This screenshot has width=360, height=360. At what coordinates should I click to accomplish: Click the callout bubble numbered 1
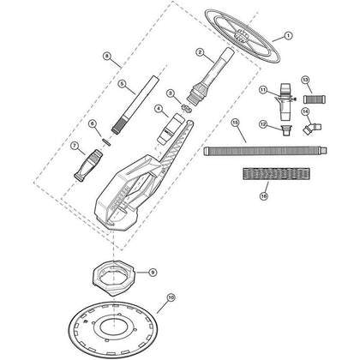pyautogui.click(x=288, y=36)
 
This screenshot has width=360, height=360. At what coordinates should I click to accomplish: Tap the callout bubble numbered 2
pyautogui.click(x=200, y=52)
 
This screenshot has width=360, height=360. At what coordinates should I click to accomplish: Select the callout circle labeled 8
pyautogui.click(x=106, y=57)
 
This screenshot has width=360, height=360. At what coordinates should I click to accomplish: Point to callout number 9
pyautogui.click(x=153, y=273)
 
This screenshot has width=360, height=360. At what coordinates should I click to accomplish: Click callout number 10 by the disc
pyautogui.click(x=171, y=297)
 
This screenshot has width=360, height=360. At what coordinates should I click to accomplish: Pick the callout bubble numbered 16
pyautogui.click(x=264, y=196)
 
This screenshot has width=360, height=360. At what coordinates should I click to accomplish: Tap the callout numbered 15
pyautogui.click(x=235, y=123)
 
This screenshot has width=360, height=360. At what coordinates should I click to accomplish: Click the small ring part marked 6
pyautogui.click(x=105, y=141)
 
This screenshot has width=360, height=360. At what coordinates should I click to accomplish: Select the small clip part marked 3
pyautogui.click(x=187, y=109)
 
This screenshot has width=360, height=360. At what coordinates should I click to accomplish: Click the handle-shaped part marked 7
pyautogui.click(x=88, y=165)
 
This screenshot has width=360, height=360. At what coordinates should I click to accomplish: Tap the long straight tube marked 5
pyautogui.click(x=135, y=105)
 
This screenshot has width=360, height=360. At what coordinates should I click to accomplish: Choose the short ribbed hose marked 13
pyautogui.click(x=315, y=99)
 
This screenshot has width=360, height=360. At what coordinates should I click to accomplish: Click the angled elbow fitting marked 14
pyautogui.click(x=312, y=128)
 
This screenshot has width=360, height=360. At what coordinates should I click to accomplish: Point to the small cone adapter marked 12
pyautogui.click(x=285, y=130)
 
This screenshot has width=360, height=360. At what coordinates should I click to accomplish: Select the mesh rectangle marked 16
pyautogui.click(x=276, y=173)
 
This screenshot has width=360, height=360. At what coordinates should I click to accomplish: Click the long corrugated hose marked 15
pyautogui.click(x=265, y=151)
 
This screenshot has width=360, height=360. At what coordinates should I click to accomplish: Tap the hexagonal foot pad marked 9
pyautogui.click(x=114, y=276)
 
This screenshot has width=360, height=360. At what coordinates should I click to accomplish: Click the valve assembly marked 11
pyautogui.click(x=285, y=102)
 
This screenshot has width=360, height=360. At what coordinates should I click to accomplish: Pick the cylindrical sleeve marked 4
pyautogui.click(x=170, y=129)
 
